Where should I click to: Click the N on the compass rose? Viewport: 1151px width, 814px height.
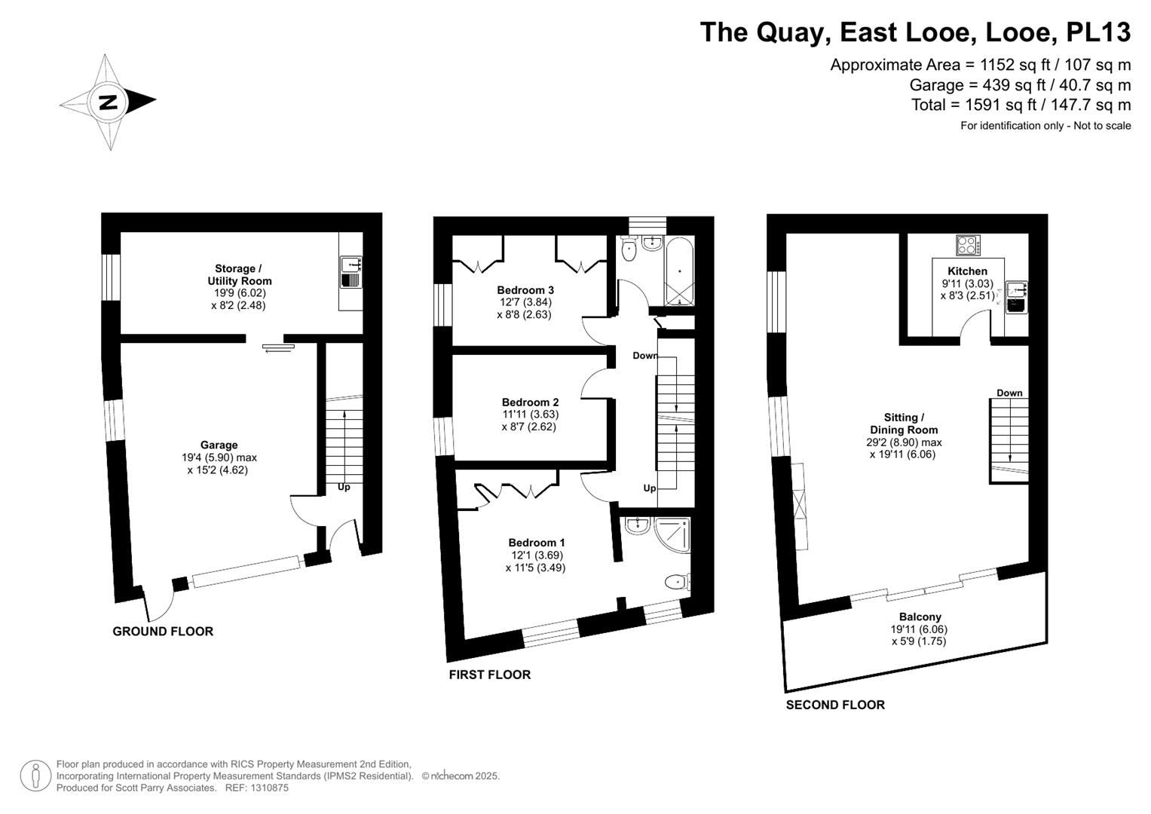[x=109, y=102]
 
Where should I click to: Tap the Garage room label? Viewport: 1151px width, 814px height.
[x=219, y=445]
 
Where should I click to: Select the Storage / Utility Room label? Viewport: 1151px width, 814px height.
[x=238, y=274]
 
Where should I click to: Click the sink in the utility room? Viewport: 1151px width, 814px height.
[x=351, y=265]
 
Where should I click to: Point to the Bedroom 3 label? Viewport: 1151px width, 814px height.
[x=525, y=290]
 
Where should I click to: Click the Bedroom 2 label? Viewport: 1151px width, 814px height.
[x=530, y=402]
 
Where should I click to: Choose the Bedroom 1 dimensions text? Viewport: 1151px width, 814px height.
[x=535, y=562]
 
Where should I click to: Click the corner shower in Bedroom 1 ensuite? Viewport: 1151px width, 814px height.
[x=673, y=534]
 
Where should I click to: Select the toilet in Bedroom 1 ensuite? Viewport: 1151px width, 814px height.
[x=677, y=581]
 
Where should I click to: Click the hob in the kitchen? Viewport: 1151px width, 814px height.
[x=967, y=245]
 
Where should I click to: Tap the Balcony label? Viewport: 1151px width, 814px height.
[x=920, y=617]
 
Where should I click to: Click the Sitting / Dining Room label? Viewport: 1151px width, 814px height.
[x=902, y=424]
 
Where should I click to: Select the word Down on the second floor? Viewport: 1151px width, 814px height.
[x=1009, y=393]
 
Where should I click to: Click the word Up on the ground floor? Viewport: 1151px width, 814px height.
[x=344, y=487]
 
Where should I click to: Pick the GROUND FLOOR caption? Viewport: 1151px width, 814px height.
[x=163, y=632]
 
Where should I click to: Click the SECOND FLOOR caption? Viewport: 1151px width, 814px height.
[x=835, y=705]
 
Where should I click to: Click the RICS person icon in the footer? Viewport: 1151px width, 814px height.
[x=35, y=776]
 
